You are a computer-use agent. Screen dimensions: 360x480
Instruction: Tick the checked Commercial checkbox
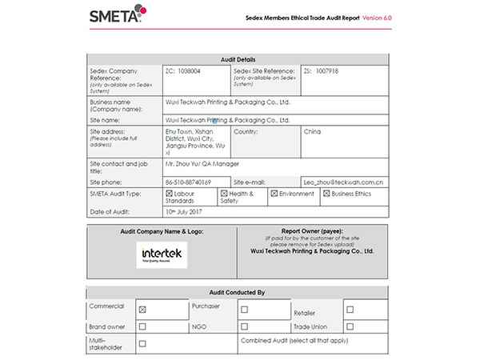coord(142,309)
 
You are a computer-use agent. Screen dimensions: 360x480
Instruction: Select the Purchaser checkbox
coord(244,309)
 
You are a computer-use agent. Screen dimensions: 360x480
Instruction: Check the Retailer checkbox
coord(349,309)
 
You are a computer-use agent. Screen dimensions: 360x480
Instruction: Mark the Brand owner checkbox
coord(142,326)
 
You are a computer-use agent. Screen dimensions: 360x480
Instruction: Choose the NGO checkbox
coord(244,326)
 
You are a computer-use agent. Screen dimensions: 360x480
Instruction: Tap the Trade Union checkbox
coord(349,326)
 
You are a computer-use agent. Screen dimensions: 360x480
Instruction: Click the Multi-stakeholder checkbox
coord(142,344)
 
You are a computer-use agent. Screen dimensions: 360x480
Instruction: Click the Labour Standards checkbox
coord(169,194)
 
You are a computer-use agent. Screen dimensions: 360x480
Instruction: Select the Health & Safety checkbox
coord(224,194)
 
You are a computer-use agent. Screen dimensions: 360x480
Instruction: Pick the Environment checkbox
coord(274,194)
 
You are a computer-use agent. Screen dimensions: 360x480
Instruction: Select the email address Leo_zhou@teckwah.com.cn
coord(344,182)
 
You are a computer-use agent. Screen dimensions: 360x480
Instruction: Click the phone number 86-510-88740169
coord(188,182)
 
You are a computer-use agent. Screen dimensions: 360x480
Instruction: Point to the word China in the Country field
coord(313,130)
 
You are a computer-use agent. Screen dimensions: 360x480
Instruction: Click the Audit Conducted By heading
coord(239,293)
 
